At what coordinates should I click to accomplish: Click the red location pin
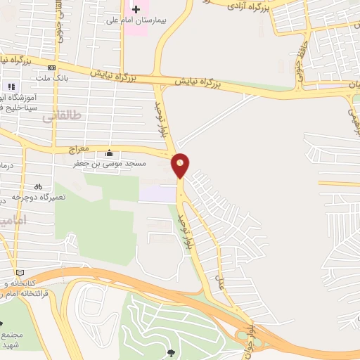181,165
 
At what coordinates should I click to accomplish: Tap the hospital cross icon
136,9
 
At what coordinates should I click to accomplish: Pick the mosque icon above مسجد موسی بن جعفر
109,154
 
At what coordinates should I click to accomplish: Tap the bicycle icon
39,187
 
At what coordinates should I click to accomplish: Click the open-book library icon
19,273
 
